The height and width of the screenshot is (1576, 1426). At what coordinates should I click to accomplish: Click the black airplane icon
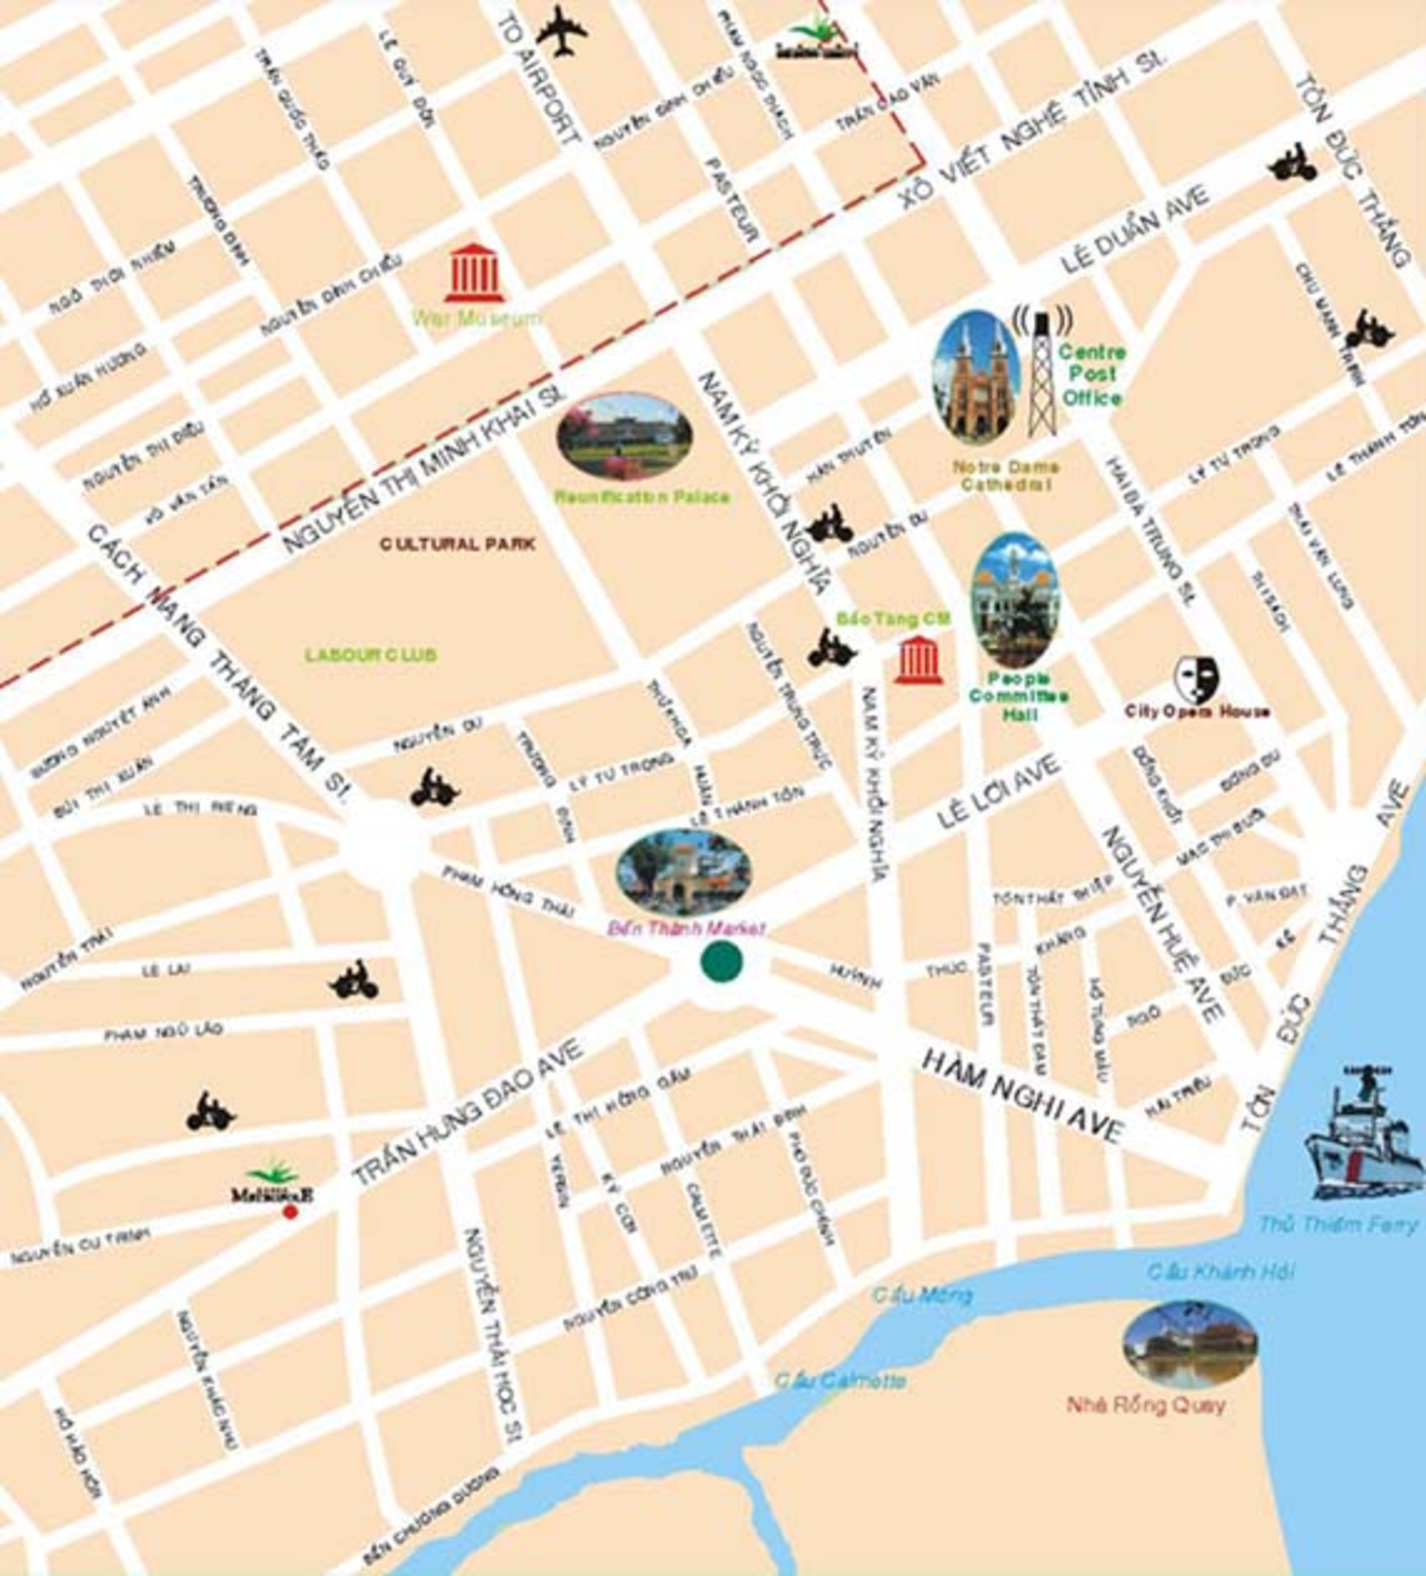pos(561,32)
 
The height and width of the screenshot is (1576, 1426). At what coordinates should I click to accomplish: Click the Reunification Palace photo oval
pos(624,436)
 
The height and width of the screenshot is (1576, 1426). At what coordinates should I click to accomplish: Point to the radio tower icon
pos(1042,374)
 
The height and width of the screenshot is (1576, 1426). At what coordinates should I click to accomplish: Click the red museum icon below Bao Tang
pos(918,661)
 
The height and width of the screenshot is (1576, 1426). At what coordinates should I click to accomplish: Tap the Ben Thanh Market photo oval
pos(683,871)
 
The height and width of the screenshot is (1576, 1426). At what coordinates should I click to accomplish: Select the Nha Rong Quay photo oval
pos(1189,1345)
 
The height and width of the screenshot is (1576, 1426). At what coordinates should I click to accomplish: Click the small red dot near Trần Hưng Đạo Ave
pos(290,1212)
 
